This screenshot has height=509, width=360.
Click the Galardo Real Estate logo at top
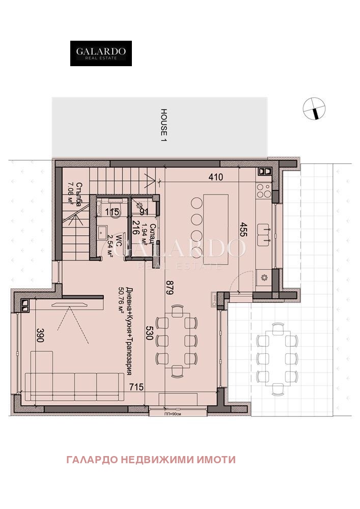101,53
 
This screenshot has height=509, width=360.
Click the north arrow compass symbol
314,108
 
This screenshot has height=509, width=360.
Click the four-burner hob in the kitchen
264,190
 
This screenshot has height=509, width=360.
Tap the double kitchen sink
265,232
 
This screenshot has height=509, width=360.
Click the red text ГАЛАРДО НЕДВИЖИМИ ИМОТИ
151,460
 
